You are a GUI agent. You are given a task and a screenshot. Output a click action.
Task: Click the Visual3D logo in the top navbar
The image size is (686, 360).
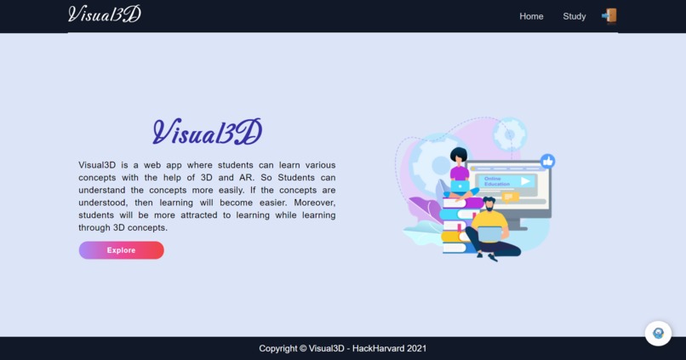pos(105,14)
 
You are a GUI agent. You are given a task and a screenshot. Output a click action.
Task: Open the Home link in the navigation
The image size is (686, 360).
pos(531,16)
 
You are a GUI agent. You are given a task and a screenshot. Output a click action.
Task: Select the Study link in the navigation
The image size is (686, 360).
pos(575,16)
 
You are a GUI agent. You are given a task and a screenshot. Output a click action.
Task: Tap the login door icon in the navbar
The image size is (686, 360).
pos(609,15)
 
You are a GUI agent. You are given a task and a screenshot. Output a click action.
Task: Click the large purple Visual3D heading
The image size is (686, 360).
pos(208,132)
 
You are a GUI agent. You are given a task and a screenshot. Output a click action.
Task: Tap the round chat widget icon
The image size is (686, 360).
pos(658,333)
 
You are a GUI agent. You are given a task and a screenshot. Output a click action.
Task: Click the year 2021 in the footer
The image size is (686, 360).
pos(416,348)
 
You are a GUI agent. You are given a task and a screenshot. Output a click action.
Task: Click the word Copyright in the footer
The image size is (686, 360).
pos(278,348)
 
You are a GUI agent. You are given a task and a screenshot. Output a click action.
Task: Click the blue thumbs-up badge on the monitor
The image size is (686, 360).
pos(548,161)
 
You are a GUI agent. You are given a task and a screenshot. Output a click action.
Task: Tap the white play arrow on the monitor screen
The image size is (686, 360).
pos(526,181)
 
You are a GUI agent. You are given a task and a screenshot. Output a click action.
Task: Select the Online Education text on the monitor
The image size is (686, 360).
pos(497,181)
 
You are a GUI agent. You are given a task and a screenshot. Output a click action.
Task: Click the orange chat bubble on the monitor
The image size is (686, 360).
pos(510,197)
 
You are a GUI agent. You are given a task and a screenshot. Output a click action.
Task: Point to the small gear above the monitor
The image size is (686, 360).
pos(510,134)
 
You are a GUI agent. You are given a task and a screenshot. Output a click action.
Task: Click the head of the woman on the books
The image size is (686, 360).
pos(459,157)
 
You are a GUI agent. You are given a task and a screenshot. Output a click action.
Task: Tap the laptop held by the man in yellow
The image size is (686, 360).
pos(489,233)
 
